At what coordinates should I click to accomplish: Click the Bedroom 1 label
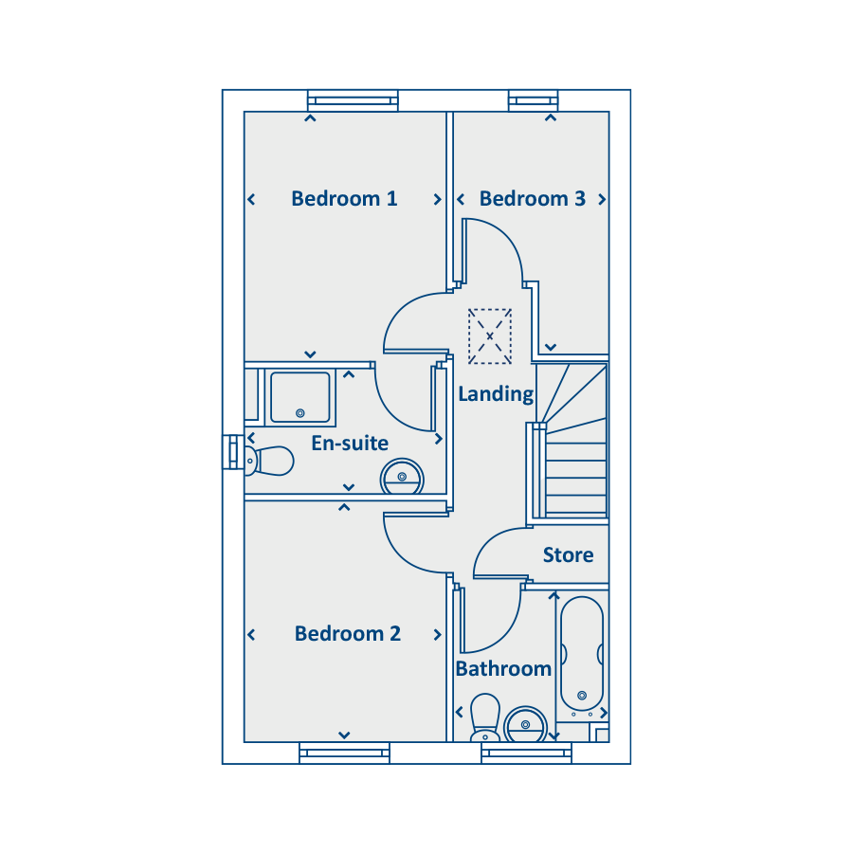344,199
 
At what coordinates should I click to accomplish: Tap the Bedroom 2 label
348,634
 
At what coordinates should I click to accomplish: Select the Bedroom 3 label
532,199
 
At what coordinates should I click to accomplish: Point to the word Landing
496,394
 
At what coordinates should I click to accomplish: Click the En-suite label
350,444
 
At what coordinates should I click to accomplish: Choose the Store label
568,554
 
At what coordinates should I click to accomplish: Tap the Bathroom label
503,668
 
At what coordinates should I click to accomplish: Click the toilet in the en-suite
269,461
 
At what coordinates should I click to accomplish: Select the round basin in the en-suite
402,477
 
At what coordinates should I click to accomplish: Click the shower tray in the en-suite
300,397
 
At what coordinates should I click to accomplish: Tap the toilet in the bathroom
485,717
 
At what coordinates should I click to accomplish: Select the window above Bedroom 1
353,101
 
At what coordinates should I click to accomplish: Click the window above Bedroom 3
533,101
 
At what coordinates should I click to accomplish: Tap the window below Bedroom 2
344,753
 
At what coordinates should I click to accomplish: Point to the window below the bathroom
527,753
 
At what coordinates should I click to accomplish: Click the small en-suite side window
233,452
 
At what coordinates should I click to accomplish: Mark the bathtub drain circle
582,696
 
